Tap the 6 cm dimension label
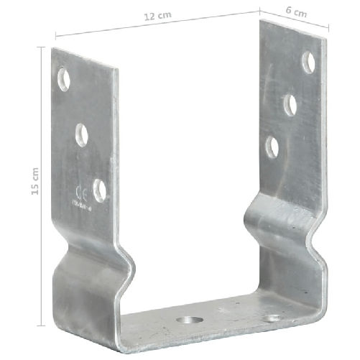[296, 13]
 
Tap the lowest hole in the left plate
[100, 190]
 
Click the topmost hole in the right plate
[308, 62]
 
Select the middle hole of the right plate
[290, 105]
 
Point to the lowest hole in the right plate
[272, 147]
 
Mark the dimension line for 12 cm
[157, 28]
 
